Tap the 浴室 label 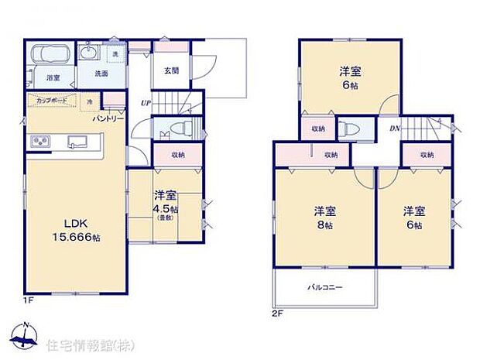53,78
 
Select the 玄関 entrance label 172,70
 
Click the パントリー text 108,118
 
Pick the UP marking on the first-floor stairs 145,103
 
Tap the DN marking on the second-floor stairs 394,129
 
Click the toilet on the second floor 345,129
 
